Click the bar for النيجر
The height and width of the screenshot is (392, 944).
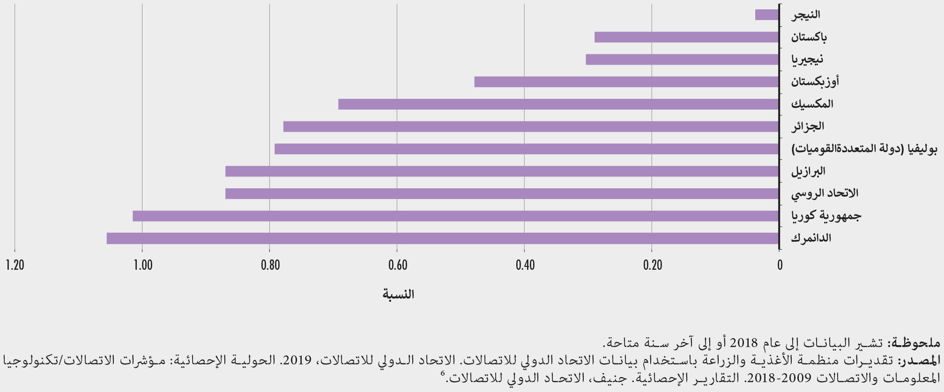click(x=767, y=15)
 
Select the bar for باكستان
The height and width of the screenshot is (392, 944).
click(x=686, y=37)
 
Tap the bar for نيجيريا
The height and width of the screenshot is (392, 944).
click(x=682, y=59)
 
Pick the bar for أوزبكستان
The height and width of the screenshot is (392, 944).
click(x=626, y=82)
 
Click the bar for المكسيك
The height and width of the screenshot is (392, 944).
click(x=558, y=104)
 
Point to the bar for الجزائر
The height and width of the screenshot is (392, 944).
click(x=531, y=126)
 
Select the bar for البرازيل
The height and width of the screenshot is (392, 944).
click(x=502, y=171)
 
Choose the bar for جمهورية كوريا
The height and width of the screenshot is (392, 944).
click(x=455, y=216)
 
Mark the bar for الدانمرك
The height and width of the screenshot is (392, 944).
click(x=442, y=238)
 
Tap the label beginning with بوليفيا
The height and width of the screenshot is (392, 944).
click(x=864, y=149)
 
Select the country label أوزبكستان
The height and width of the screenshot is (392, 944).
click(x=815, y=82)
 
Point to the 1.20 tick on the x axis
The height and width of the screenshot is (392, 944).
click(x=15, y=265)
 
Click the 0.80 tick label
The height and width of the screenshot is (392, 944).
click(x=270, y=265)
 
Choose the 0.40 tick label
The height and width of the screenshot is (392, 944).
click(x=525, y=265)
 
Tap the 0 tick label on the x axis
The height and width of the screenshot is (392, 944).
click(x=780, y=265)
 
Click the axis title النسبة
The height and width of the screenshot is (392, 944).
click(x=398, y=294)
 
